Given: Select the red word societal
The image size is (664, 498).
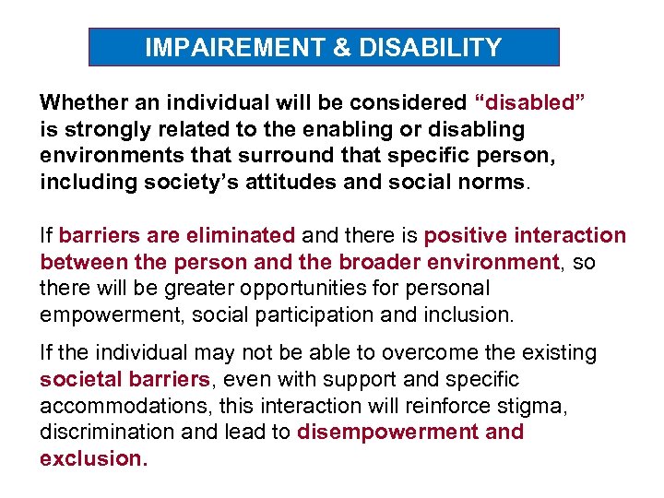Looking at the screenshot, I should (x=76, y=380).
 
